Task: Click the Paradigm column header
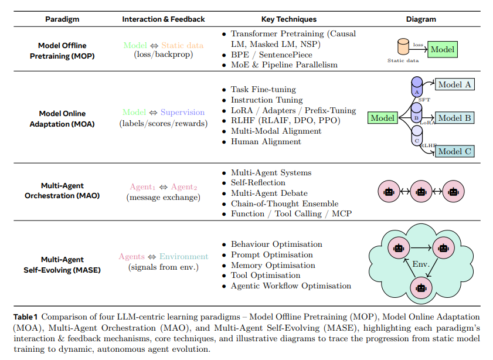[62, 19]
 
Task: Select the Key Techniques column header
[289, 19]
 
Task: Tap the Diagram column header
[421, 19]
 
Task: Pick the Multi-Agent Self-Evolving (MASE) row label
[62, 264]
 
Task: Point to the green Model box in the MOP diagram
[442, 49]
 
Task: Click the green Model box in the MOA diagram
[383, 118]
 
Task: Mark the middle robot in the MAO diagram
[420, 192]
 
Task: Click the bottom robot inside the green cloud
[420, 287]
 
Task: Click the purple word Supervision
[182, 112]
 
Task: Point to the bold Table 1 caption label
[26, 317]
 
